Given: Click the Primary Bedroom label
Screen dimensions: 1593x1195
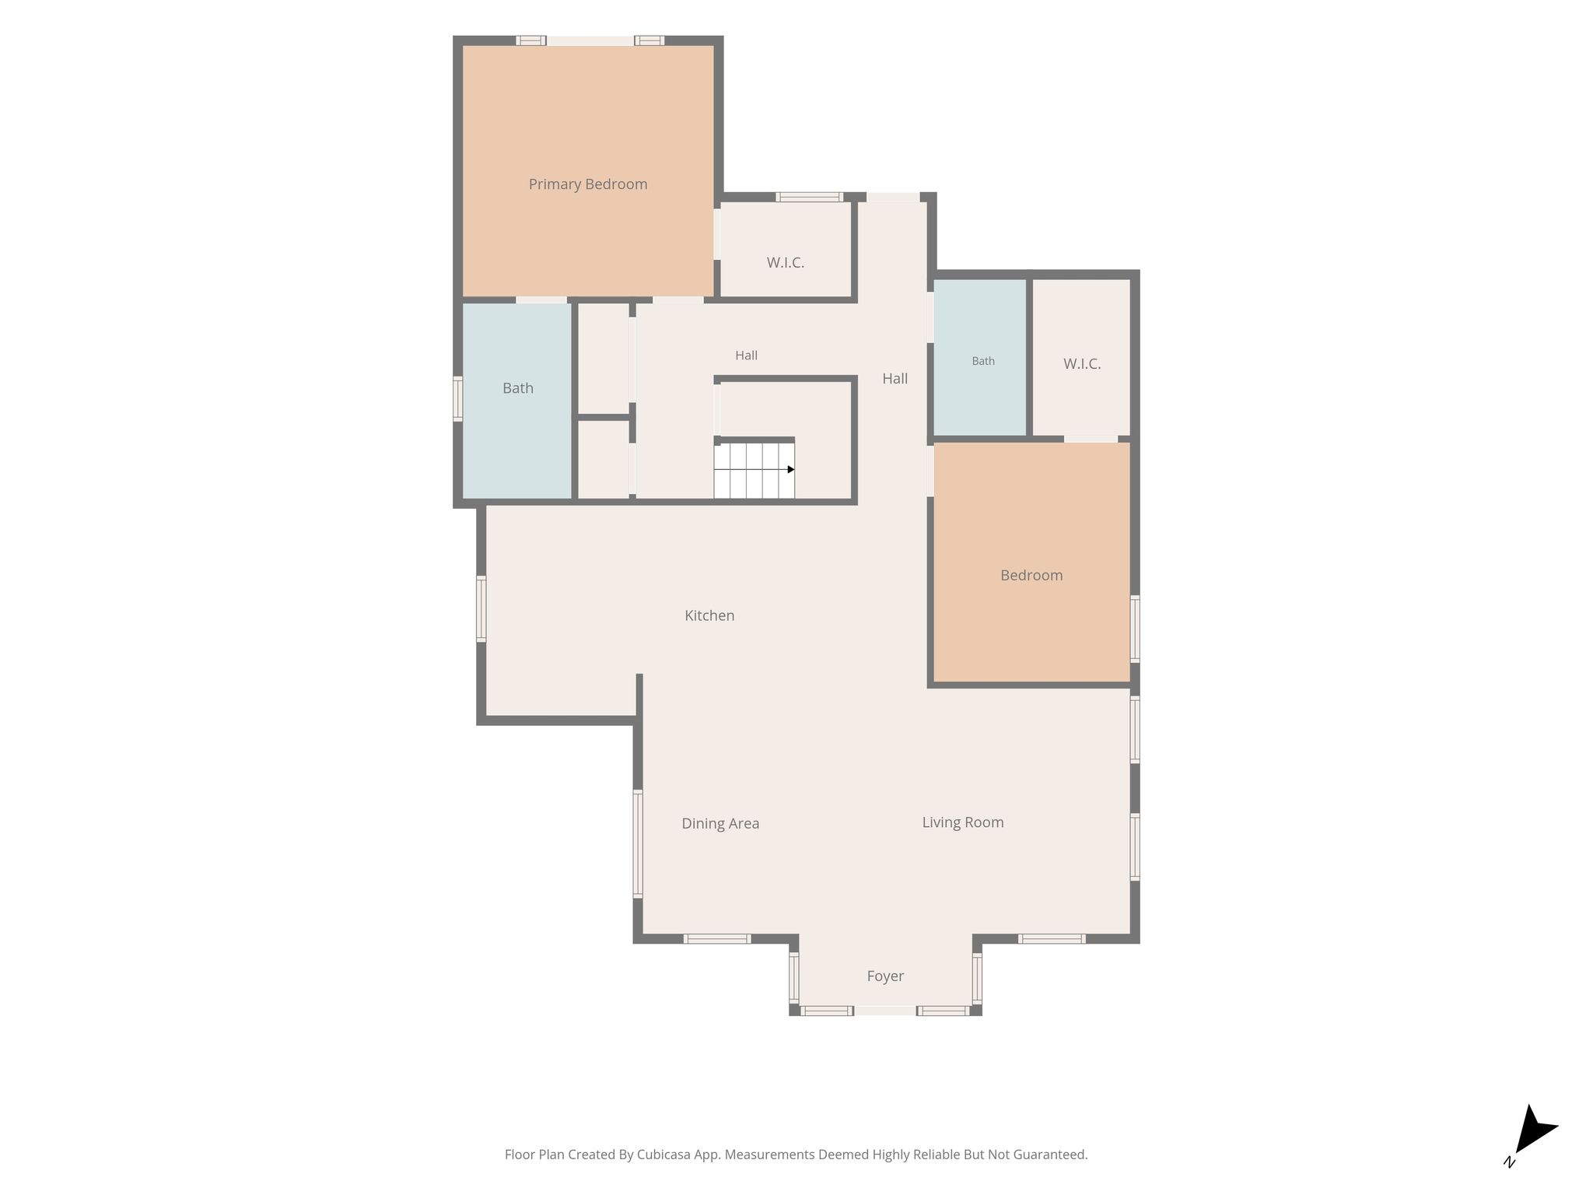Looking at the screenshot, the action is (x=588, y=184).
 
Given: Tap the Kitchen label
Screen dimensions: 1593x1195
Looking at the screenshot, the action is (x=709, y=615).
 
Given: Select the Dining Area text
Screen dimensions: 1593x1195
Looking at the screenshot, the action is (x=720, y=823).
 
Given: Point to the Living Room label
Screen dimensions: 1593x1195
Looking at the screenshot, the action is (x=963, y=822).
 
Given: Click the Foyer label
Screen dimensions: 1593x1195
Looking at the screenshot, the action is (x=885, y=976).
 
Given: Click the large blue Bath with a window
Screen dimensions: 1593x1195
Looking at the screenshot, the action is (x=517, y=400).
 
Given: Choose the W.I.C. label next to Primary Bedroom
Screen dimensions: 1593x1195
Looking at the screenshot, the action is (x=786, y=263).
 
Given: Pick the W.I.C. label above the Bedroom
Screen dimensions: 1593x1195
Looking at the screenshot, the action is (x=1082, y=364).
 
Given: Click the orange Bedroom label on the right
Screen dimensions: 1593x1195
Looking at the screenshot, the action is (x=1031, y=576).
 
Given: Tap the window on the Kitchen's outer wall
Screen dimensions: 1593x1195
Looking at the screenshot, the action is (x=481, y=608).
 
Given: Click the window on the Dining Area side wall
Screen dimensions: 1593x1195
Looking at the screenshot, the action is (x=638, y=844).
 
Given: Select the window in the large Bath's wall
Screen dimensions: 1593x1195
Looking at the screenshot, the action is (x=458, y=399).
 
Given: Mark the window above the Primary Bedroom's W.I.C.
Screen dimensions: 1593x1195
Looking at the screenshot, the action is (x=809, y=197).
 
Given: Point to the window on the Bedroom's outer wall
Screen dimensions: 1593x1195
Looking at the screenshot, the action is (x=1135, y=629).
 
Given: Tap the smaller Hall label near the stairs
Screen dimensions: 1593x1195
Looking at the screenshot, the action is (x=747, y=356).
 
